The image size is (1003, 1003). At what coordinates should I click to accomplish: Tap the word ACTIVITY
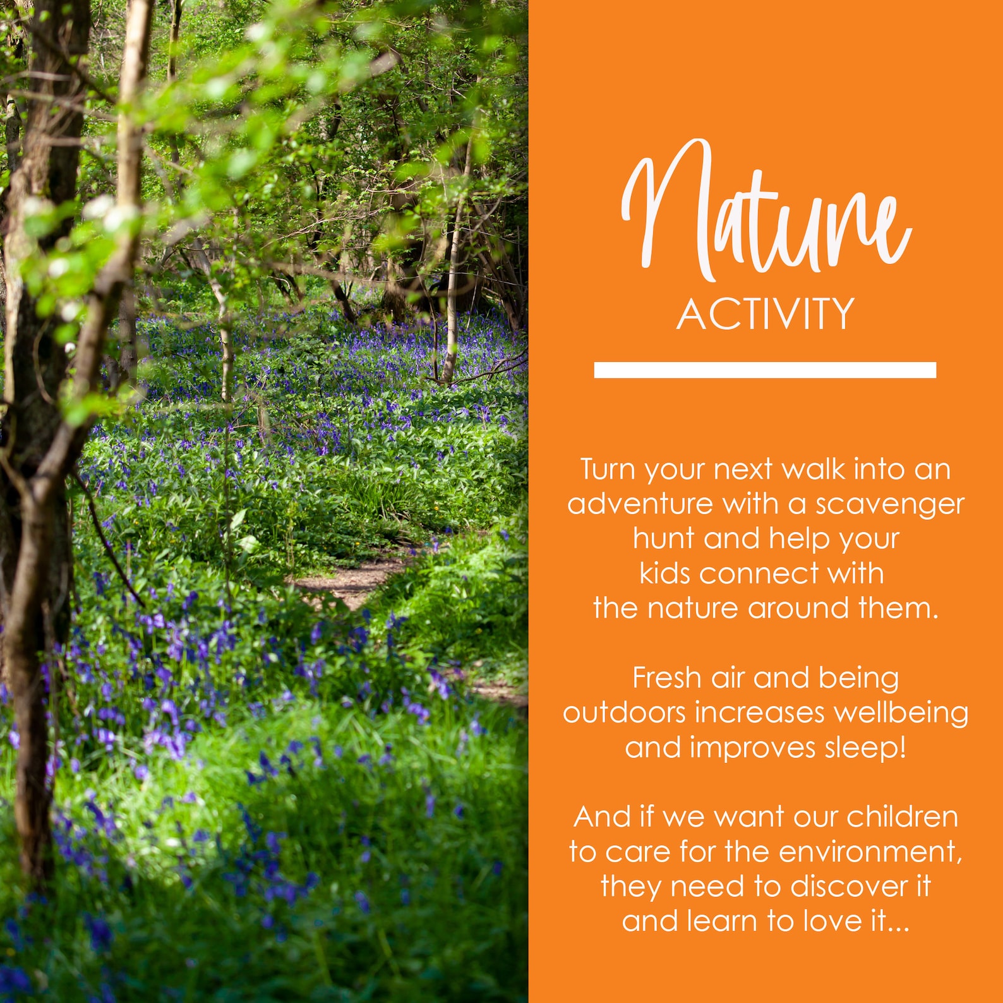[766, 314]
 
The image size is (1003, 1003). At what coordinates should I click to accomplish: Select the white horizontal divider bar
[765, 370]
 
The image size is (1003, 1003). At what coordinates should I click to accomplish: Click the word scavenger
[890, 505]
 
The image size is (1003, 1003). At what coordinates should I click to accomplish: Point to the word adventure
[640, 505]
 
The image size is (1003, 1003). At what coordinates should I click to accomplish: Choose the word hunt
[663, 539]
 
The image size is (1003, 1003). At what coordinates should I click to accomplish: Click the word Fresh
[667, 678]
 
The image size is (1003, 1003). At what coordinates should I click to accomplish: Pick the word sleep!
[866, 748]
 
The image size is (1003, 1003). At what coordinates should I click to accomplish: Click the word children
[902, 817]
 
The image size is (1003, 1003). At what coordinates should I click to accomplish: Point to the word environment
[870, 852]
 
